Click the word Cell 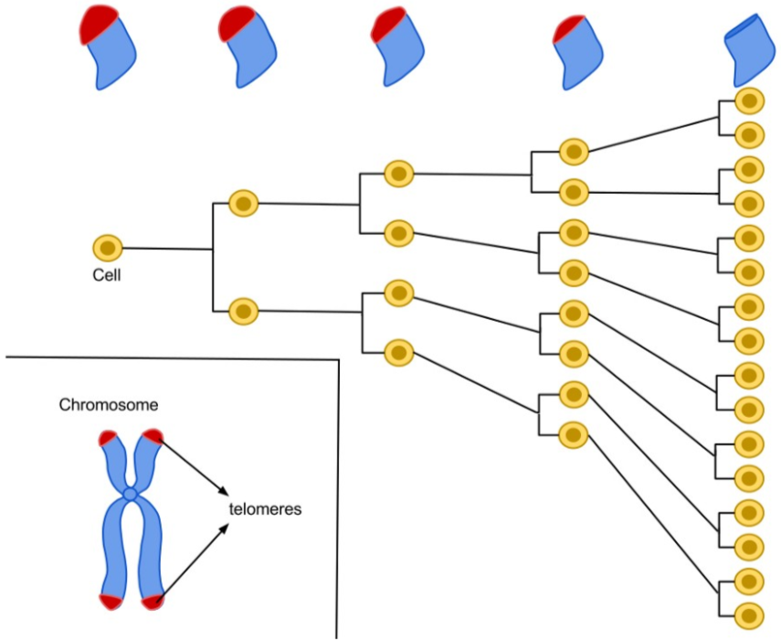point(107,275)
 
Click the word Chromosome point(109,405)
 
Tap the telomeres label point(265,509)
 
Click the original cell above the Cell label point(108,248)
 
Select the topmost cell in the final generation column point(749,101)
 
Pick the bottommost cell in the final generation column point(749,616)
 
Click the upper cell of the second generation point(244,203)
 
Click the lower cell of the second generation point(244,312)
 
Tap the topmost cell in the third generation point(399,174)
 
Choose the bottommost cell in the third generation point(399,352)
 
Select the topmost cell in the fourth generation point(574,152)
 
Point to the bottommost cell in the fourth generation point(574,435)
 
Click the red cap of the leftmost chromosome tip point(96,23)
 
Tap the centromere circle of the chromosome point(130,494)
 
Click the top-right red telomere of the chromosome point(153,435)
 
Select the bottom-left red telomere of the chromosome point(111,602)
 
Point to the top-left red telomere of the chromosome point(109,438)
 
